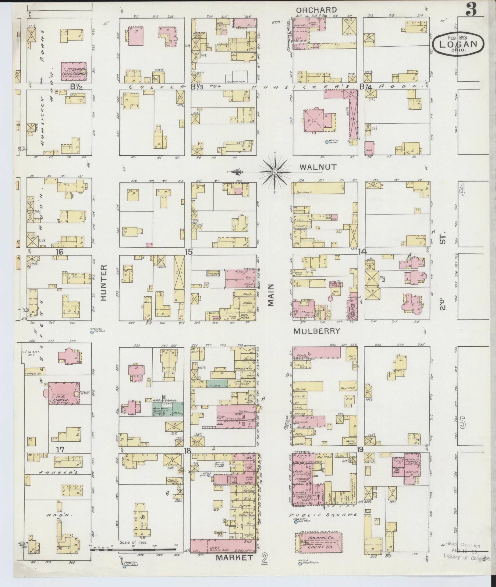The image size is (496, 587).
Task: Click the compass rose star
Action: pos(275,172)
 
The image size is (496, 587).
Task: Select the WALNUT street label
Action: pos(318,167)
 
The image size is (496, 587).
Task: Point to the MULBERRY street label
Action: pos(317,331)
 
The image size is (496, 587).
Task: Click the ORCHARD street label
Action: pos(317,10)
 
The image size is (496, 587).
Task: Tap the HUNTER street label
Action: pos(104,283)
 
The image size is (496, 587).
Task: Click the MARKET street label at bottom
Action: pos(235,557)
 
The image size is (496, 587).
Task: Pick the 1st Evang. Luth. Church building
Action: pos(74,72)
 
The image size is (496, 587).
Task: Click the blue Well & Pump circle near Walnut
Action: pos(327,142)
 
